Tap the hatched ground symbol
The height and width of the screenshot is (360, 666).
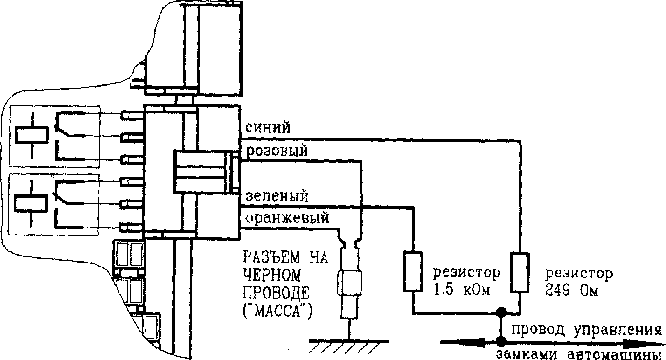(348, 345)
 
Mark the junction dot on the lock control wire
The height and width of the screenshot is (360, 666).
(501, 341)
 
